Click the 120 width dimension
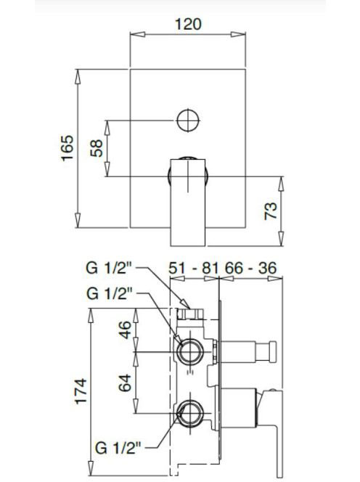[188, 24]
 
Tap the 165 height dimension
[67, 148]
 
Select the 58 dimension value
[97, 148]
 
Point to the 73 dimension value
[271, 211]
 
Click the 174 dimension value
[81, 391]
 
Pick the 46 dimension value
[125, 330]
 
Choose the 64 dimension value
[125, 383]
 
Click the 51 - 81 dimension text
[194, 268]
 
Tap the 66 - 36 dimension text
[250, 268]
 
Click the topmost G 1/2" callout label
[109, 268]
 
